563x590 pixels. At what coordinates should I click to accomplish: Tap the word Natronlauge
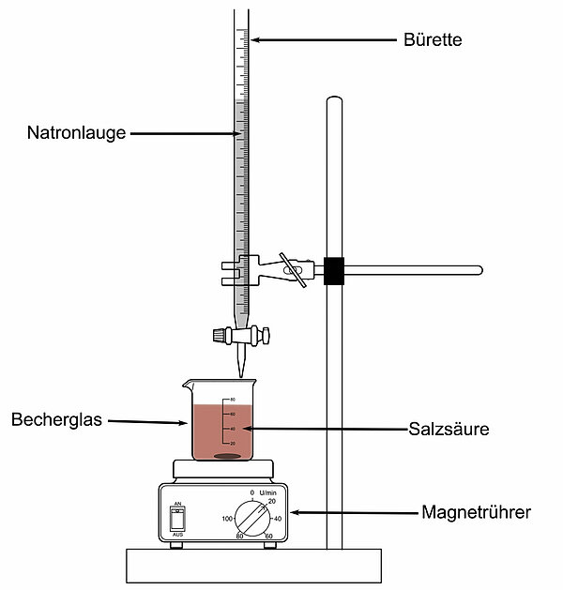click(76, 133)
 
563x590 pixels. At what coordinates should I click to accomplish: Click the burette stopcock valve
click(242, 333)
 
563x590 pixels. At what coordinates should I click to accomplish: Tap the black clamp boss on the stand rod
click(332, 270)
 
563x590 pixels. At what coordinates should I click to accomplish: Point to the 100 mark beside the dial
click(226, 518)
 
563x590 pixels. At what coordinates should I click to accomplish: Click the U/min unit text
click(267, 492)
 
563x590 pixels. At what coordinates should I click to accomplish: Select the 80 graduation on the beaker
click(232, 401)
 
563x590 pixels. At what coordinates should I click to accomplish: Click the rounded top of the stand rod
click(331, 98)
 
